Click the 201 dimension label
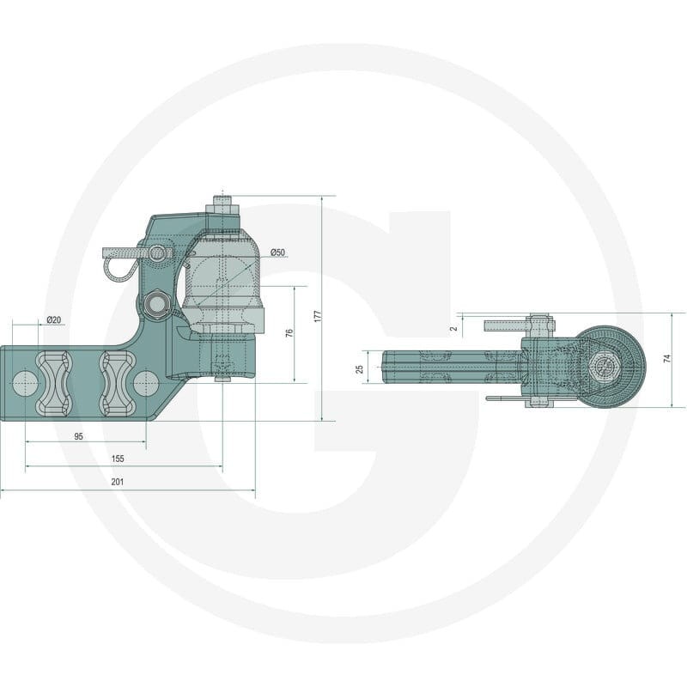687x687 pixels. [118, 482]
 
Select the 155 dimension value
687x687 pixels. [118, 459]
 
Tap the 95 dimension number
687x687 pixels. [78, 436]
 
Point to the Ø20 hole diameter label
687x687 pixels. [53, 319]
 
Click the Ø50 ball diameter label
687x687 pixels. [277, 252]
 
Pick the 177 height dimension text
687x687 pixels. [318, 316]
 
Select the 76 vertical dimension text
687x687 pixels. [289, 333]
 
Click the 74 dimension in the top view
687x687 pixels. [667, 358]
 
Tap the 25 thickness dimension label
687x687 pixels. [360, 369]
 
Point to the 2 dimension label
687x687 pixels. [454, 328]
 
